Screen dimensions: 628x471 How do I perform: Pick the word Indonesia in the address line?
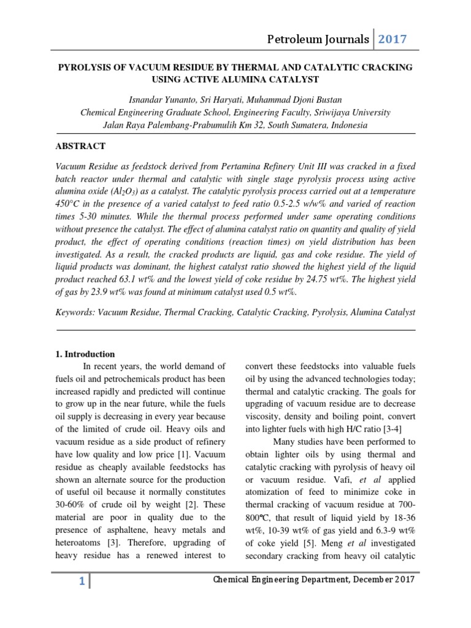click(x=348, y=125)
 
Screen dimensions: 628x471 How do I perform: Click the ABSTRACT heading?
click(x=80, y=146)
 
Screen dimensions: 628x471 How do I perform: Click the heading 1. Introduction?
click(x=85, y=354)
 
